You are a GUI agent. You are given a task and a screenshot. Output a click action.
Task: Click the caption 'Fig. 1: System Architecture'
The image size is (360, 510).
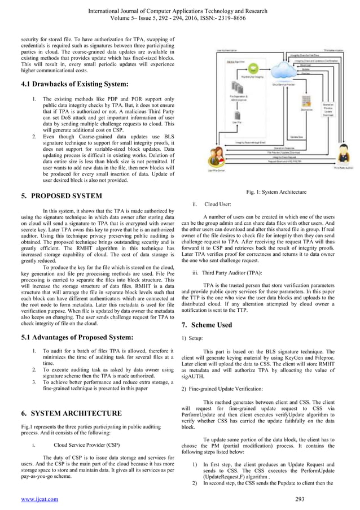pos(276,192)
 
